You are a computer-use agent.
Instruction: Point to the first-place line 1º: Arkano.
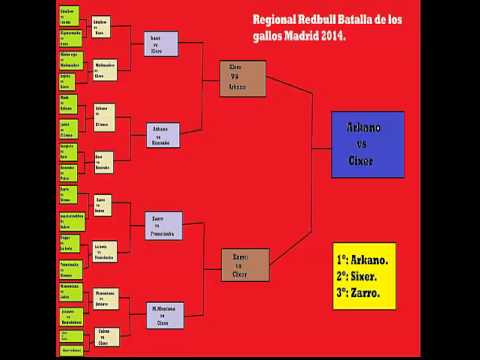[363, 259]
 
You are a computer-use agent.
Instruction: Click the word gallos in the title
[265, 36]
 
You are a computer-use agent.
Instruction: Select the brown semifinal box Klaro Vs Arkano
[243, 77]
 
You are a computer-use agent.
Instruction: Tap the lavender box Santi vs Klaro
[161, 44]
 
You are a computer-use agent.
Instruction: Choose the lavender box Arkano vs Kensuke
[161, 134]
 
